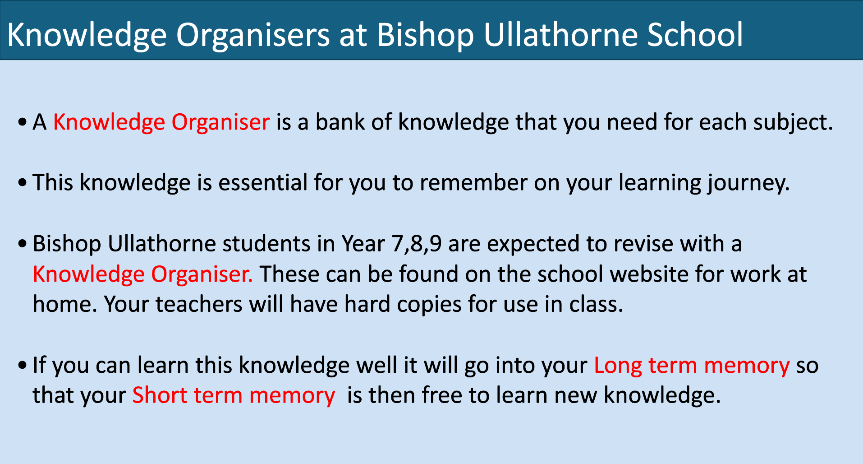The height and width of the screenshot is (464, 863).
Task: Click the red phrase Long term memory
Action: coord(692,366)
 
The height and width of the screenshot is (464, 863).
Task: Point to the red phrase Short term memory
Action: coord(234,395)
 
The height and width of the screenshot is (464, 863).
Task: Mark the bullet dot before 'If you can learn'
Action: coord(23,366)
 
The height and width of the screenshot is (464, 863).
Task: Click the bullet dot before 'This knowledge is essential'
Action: coord(23,183)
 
